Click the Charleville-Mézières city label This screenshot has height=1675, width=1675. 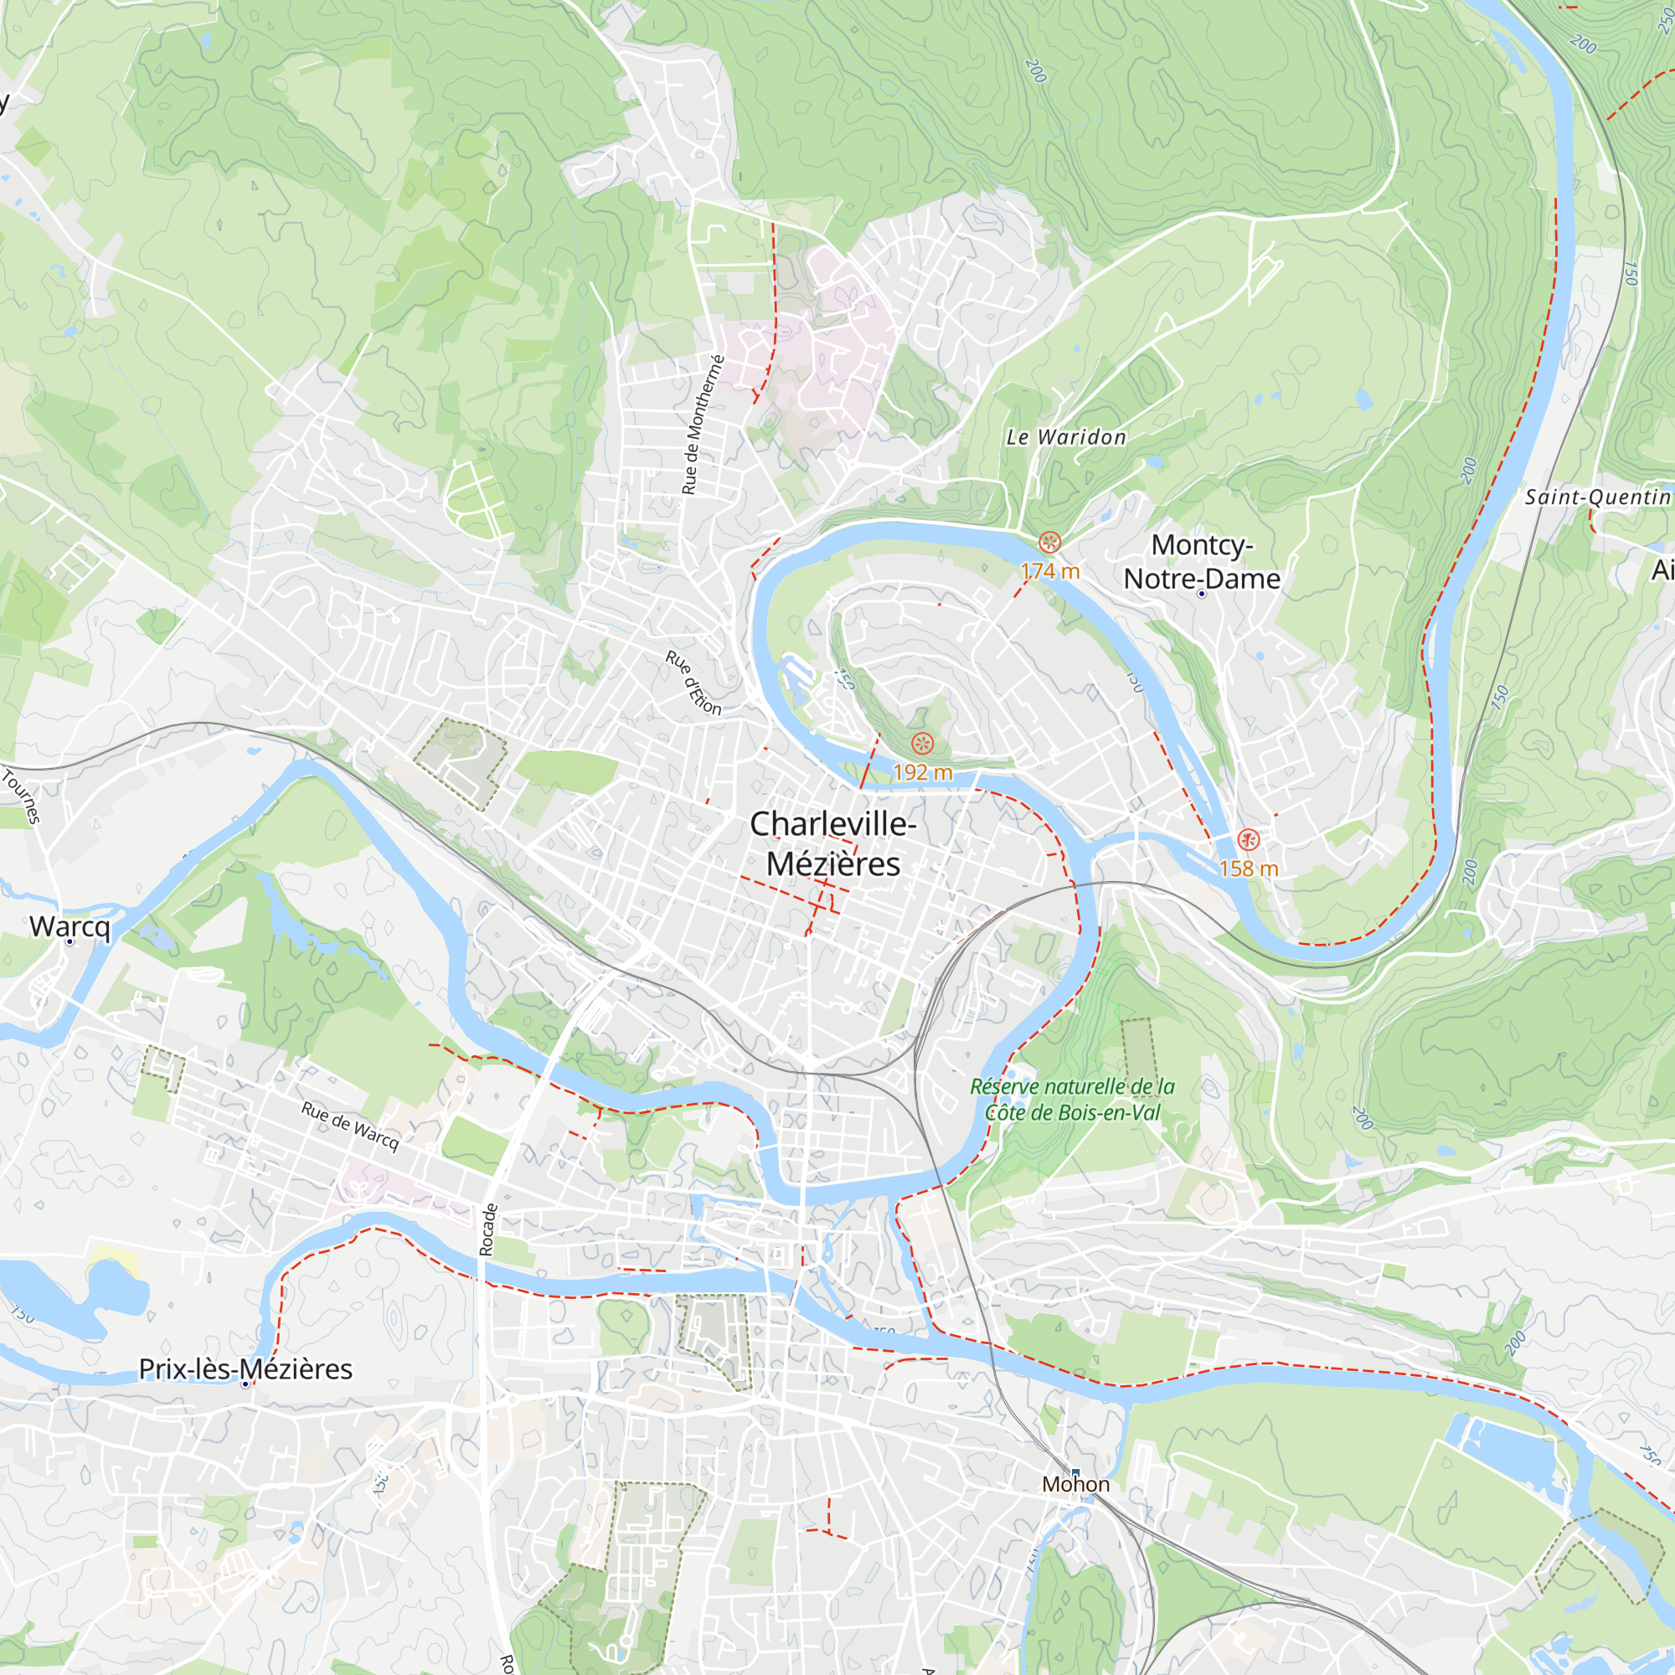pyautogui.click(x=832, y=843)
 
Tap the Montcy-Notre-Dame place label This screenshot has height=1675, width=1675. pyautogui.click(x=1202, y=561)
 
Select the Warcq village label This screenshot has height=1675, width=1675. pyautogui.click(x=70, y=926)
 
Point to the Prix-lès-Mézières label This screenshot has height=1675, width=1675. pyautogui.click(x=245, y=1368)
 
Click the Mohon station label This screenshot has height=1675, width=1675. pyautogui.click(x=1075, y=1483)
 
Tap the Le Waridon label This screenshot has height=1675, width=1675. pyautogui.click(x=1065, y=437)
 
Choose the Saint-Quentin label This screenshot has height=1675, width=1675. pyautogui.click(x=1597, y=497)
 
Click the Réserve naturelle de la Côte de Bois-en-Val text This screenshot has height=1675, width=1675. pyautogui.click(x=1073, y=1099)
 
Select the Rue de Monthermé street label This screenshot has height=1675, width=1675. pyautogui.click(x=703, y=425)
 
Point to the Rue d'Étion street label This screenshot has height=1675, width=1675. pyautogui.click(x=693, y=683)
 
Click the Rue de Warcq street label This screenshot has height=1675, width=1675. pyautogui.click(x=350, y=1126)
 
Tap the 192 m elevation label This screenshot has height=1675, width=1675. pyautogui.click(x=922, y=771)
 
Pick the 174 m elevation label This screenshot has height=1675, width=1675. pyautogui.click(x=1050, y=570)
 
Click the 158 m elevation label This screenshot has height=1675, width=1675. pyautogui.click(x=1249, y=868)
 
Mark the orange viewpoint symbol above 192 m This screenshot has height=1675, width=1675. pyautogui.click(x=922, y=743)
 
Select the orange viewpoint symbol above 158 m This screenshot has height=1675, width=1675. pyautogui.click(x=1248, y=839)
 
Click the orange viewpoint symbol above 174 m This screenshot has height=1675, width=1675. pyautogui.click(x=1050, y=543)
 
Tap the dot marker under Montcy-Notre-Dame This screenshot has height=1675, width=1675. pyautogui.click(x=1202, y=594)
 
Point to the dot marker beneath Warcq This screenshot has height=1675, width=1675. pyautogui.click(x=70, y=941)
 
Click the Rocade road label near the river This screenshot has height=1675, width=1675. pyautogui.click(x=488, y=1229)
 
